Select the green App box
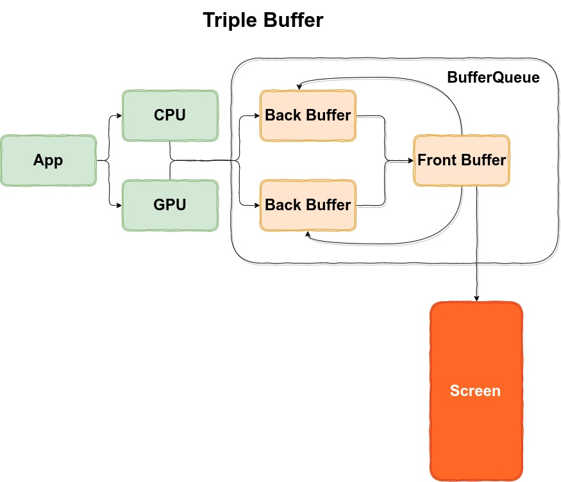tap(48, 160)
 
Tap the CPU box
tap(170, 115)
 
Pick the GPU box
tap(170, 205)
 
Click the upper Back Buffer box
tap(308, 115)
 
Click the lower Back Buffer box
tap(308, 205)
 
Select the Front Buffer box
tap(462, 160)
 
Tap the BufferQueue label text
tap(493, 78)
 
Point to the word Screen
tap(475, 391)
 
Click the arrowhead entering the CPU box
tap(119, 116)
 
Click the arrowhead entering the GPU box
tap(119, 205)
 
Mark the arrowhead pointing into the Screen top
tap(476, 298)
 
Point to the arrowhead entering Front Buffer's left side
tap(410, 161)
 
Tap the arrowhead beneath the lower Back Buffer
tap(308, 235)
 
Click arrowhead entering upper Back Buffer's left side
tap(256, 116)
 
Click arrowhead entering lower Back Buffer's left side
tap(256, 205)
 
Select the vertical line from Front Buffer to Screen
tap(476, 244)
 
